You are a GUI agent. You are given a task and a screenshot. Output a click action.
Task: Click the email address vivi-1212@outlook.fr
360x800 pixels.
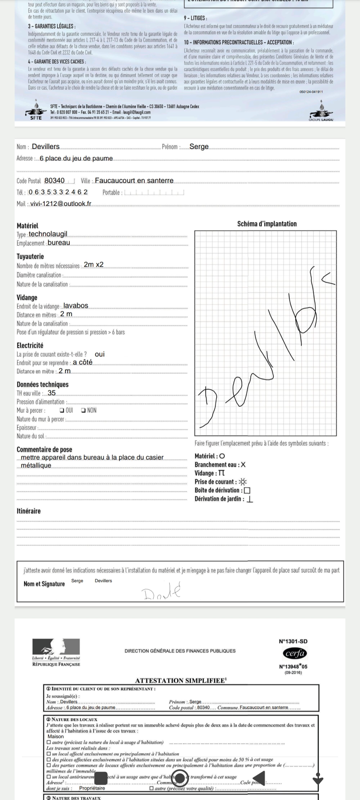coord(60,204)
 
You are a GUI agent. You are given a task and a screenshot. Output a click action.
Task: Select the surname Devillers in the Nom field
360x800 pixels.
coord(46,147)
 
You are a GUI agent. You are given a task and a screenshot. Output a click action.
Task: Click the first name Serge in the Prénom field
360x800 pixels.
coord(199,147)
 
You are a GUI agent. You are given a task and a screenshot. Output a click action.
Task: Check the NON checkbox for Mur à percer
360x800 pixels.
coord(83,410)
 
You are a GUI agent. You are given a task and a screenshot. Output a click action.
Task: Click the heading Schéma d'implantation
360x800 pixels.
coord(267,224)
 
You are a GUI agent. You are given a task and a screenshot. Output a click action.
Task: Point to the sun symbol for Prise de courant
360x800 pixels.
coord(243,482)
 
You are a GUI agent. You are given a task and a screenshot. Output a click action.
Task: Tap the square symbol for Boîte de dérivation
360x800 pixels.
coord(247,490)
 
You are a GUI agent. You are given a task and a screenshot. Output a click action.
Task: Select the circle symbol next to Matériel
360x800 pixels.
coord(222,456)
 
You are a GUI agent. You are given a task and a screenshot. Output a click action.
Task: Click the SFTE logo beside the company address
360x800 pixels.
coord(36,110)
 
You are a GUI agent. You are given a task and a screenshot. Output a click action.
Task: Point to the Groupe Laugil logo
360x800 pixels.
coord(321,111)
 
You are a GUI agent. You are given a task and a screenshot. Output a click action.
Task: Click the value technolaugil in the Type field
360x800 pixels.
coord(48,234)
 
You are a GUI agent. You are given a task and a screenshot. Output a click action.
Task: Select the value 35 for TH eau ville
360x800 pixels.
coord(51,393)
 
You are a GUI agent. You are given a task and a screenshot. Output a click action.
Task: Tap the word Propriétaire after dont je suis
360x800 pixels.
coord(92,788)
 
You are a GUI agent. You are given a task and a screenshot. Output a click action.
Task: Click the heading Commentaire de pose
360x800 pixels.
coord(44,449)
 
